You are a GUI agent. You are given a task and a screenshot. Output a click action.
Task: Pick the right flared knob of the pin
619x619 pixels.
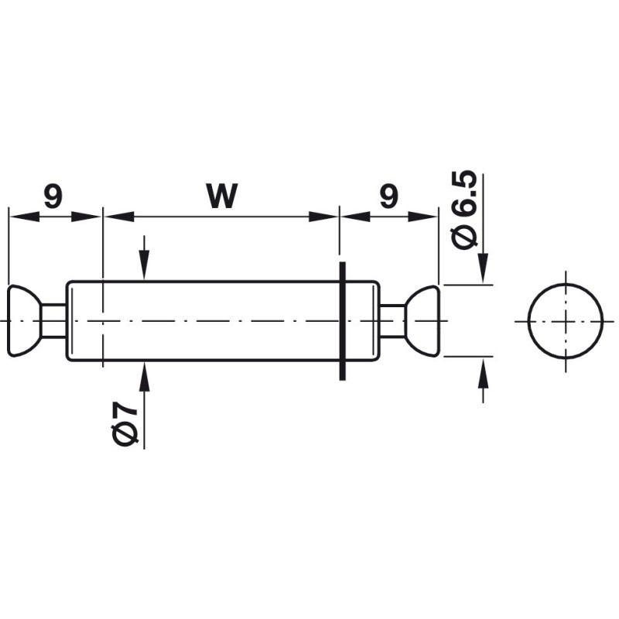pyautogui.click(x=426, y=320)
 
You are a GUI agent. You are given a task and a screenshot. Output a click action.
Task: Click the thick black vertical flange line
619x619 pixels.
pyautogui.click(x=340, y=320)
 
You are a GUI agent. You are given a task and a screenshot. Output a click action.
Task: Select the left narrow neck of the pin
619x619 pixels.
pyautogui.click(x=53, y=320)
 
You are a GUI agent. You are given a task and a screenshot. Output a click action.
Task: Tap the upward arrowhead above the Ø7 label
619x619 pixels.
pyautogui.click(x=144, y=373)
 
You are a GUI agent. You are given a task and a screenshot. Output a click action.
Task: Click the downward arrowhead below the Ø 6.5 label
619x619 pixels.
pyautogui.click(x=483, y=271)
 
